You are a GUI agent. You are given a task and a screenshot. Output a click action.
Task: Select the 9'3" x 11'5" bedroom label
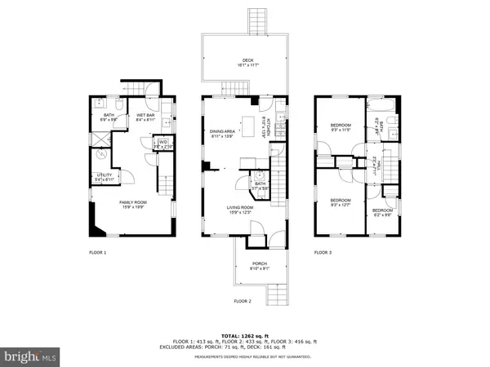pos(341,128)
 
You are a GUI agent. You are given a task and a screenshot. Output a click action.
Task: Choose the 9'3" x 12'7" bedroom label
pos(341,202)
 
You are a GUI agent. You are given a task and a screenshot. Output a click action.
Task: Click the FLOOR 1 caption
pos(98,253)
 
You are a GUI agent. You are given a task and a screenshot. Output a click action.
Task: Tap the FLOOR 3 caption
pos(323,253)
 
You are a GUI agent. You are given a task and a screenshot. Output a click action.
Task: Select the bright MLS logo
pos(31,356)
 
